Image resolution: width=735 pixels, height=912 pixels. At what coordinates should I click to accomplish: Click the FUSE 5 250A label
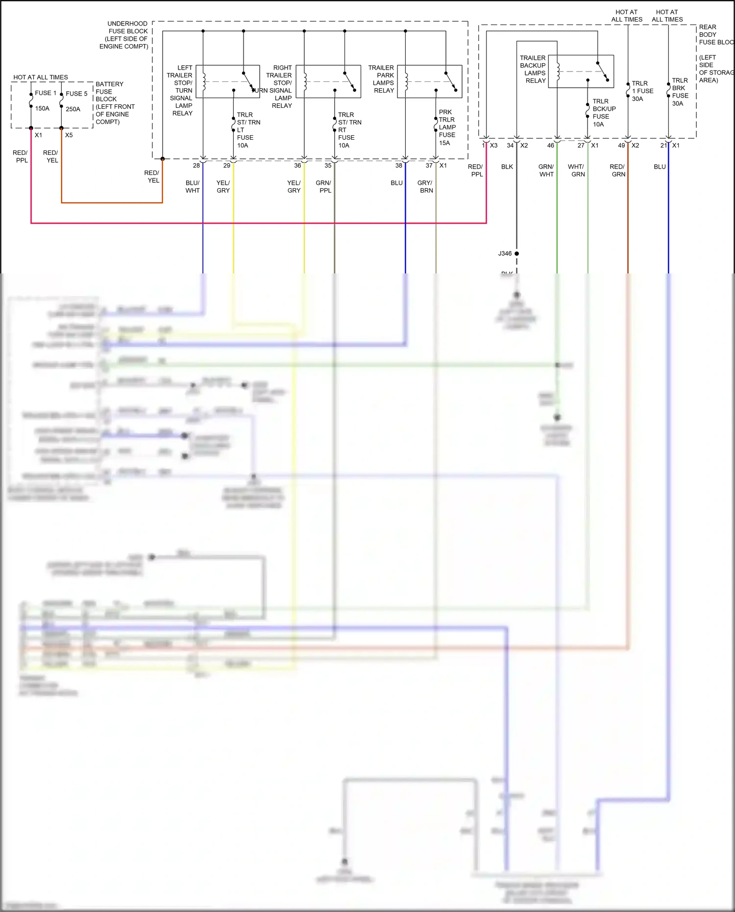pyautogui.click(x=76, y=101)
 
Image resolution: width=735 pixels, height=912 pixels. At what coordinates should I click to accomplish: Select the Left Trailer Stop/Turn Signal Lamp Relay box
pyautogui.click(x=228, y=81)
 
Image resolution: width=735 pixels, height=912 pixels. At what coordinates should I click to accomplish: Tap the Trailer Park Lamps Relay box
pyautogui.click(x=430, y=81)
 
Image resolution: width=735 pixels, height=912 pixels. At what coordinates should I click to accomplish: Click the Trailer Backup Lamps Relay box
pyautogui.click(x=581, y=72)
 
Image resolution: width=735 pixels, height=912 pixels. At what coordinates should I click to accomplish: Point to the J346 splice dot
pyautogui.click(x=516, y=253)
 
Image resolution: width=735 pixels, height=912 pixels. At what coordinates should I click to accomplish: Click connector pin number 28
pyautogui.click(x=196, y=166)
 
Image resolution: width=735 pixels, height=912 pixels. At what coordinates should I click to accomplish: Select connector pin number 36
pyautogui.click(x=297, y=166)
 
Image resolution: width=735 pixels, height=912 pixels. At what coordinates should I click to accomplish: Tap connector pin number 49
pyautogui.click(x=621, y=146)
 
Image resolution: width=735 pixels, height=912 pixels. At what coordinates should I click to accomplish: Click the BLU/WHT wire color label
pyautogui.click(x=193, y=187)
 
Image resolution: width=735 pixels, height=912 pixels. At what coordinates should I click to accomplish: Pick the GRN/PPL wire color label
pyautogui.click(x=323, y=187)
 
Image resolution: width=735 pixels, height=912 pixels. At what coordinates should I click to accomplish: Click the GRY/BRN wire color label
pyautogui.click(x=425, y=187)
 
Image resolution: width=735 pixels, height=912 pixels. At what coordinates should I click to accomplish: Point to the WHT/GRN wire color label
pyautogui.click(x=577, y=171)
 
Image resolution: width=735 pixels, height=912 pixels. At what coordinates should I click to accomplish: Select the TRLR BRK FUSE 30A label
pyautogui.click(x=680, y=92)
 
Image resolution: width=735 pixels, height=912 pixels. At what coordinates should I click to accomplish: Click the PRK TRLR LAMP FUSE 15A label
pyautogui.click(x=447, y=127)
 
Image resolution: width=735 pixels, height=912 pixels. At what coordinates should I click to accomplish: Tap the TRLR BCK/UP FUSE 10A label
pyautogui.click(x=603, y=113)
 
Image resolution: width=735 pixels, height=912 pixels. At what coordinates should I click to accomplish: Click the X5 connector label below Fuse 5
pyautogui.click(x=69, y=135)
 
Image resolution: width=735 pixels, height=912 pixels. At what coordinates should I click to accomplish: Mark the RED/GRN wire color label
pyautogui.click(x=617, y=171)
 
